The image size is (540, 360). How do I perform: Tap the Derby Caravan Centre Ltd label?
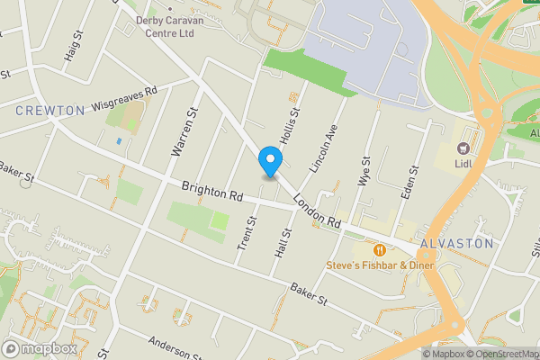pyautogui.click(x=165, y=26)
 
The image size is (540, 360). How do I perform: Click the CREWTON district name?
pyautogui.click(x=50, y=110)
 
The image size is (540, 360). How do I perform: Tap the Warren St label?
pyautogui.click(x=184, y=130)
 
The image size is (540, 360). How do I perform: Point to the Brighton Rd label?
pyautogui.click(x=211, y=192)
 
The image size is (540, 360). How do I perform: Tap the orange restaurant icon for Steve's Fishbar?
pyautogui.click(x=380, y=249)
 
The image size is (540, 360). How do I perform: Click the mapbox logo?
pyautogui.click(x=40, y=348)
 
